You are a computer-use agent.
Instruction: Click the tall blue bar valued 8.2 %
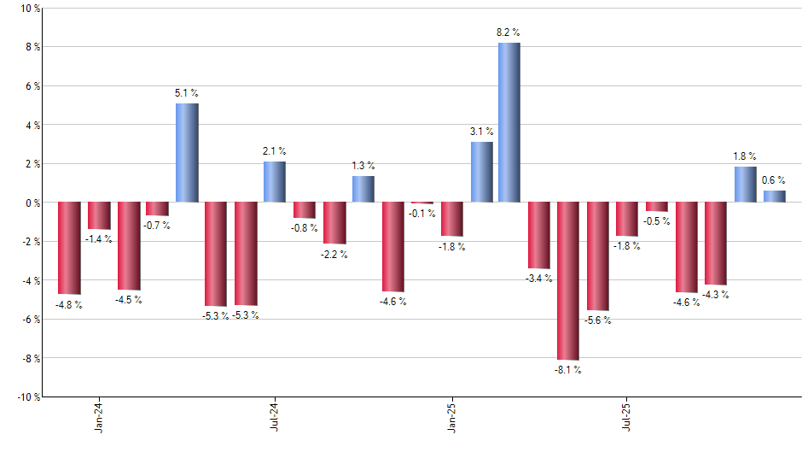509,122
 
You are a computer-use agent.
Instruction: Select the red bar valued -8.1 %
568,281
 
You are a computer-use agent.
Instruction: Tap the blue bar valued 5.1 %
187,153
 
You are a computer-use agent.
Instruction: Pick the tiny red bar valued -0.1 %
421,203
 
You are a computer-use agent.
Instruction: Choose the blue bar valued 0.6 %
774,197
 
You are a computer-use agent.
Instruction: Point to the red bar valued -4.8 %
69,248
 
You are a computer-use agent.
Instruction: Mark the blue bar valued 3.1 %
481,172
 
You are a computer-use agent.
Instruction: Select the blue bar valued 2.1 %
275,182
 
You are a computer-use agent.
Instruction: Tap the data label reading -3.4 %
539,279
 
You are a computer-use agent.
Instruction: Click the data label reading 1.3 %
363,166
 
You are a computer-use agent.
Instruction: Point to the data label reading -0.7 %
157,226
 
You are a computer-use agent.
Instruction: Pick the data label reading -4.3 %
716,296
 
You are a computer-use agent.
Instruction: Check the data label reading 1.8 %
745,156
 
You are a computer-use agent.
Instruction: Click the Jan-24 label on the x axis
99,416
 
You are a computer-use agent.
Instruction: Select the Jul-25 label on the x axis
627,416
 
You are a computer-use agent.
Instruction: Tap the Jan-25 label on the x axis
451,416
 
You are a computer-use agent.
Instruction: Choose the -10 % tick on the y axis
26,397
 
